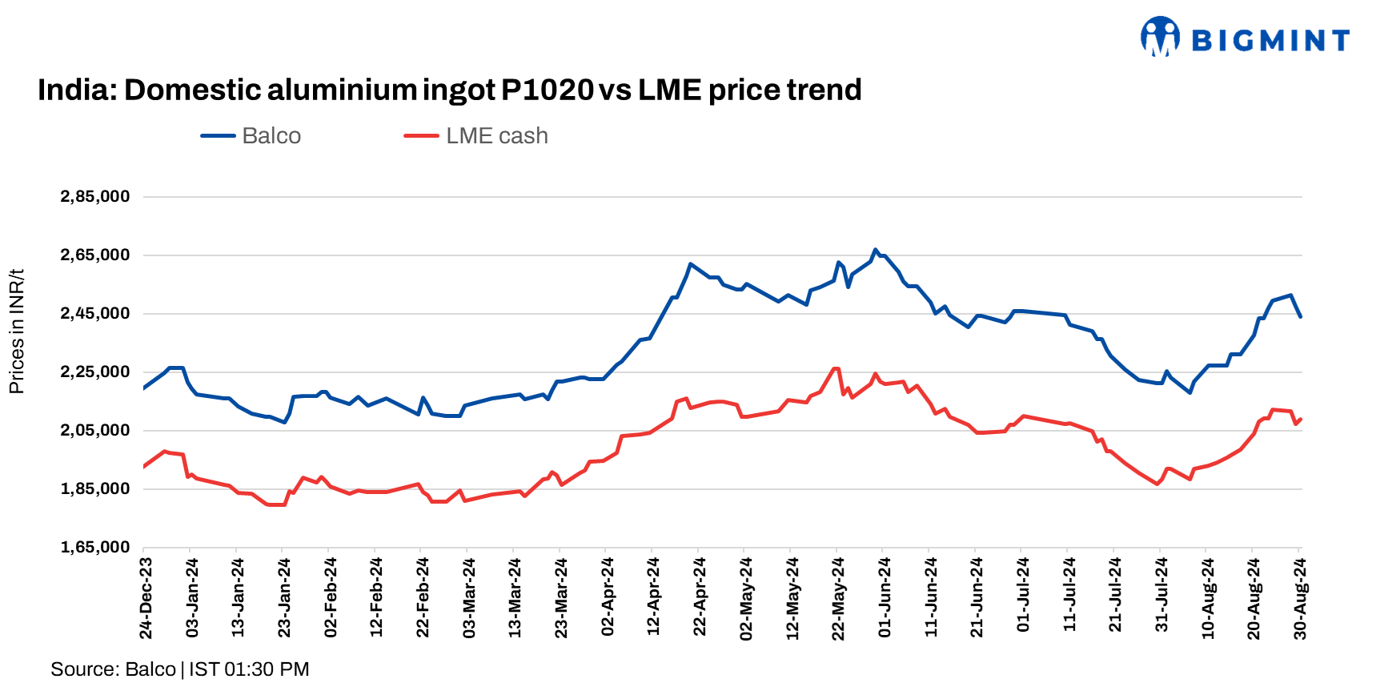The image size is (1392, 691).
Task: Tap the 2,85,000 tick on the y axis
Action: click(94, 197)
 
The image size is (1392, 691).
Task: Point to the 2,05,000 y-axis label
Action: click(94, 431)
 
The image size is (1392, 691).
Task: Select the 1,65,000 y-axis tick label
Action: click(94, 548)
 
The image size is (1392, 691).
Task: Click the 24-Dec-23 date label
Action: click(146, 598)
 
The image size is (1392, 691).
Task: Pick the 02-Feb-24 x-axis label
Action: click(331, 598)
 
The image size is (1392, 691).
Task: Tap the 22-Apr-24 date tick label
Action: click(700, 598)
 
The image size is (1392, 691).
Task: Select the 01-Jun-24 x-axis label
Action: click(885, 598)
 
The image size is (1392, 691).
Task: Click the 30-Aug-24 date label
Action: click(1300, 598)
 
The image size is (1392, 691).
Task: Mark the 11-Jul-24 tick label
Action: click(1069, 598)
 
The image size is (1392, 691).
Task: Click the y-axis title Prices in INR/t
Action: click(17, 331)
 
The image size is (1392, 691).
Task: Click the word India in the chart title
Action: click(69, 90)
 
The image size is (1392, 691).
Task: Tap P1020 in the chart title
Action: click(547, 90)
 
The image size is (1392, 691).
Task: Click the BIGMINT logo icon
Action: click(1160, 37)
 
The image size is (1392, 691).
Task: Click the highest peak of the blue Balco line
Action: click(875, 250)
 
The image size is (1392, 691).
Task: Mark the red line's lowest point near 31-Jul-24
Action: click(1157, 484)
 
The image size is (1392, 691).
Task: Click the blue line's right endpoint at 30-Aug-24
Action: click(1300, 317)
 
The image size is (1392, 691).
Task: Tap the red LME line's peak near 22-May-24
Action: click(836, 368)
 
